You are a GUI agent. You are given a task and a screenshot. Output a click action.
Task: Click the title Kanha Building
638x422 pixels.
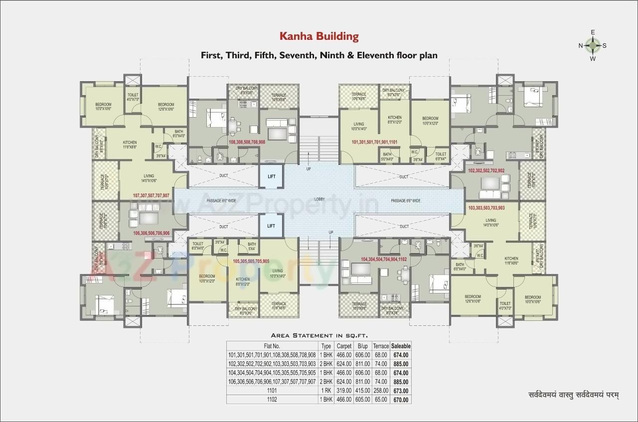pos(319,36)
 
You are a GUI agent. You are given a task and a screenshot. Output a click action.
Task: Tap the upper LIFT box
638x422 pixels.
pos(271,176)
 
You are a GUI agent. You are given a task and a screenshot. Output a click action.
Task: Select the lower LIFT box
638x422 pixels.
pos(271,226)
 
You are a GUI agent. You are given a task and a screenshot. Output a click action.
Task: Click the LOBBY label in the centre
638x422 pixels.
pos(319,199)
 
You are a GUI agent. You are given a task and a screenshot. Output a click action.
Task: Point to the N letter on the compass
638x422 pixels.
pos(581,46)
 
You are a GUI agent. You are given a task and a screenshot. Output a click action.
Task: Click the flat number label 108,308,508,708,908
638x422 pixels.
pos(247,142)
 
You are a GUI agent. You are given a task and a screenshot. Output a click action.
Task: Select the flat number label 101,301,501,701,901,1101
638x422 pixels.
pos(374,142)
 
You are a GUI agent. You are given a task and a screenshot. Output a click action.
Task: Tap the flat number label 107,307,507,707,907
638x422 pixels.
pos(151,195)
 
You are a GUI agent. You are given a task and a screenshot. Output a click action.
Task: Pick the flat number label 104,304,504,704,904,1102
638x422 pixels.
pos(384,259)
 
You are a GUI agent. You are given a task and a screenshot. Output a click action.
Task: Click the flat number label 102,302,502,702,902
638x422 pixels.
pos(486,170)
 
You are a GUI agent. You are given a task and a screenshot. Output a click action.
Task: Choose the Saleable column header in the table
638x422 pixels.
pos(401,346)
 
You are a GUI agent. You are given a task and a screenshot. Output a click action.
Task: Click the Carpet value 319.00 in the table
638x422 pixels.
pos(344,391)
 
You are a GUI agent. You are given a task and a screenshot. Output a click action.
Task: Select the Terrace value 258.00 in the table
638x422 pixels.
pos(381,391)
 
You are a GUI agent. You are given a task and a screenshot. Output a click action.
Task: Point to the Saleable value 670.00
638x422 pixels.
pos(401,400)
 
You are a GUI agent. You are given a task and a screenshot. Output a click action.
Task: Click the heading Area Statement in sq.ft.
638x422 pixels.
pos(319,335)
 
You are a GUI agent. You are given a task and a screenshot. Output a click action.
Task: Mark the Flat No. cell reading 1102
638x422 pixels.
pos(272,400)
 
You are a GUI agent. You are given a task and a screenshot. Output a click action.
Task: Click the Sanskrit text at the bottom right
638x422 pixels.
pos(573,396)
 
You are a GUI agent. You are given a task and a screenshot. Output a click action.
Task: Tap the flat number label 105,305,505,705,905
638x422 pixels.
pos(251,261)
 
